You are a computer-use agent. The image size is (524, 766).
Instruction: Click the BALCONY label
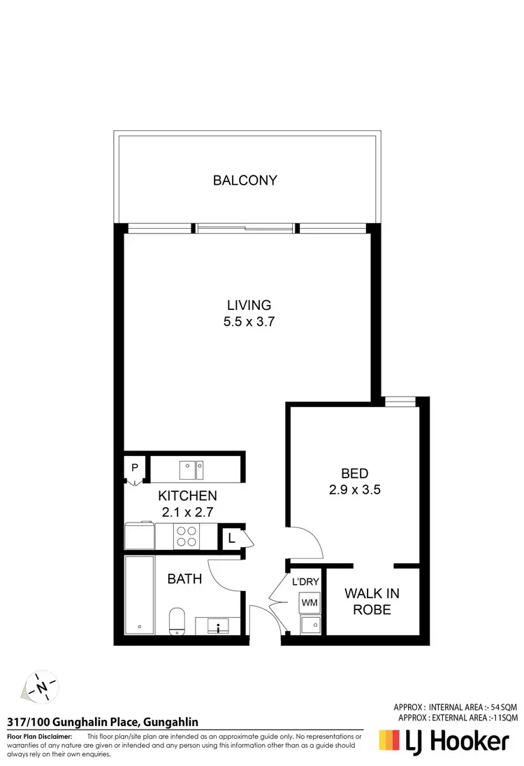[245, 180]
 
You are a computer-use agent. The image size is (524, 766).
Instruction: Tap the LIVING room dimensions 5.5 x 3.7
[249, 322]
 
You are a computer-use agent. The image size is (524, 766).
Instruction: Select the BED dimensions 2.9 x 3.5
[354, 490]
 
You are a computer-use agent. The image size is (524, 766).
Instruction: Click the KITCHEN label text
[187, 495]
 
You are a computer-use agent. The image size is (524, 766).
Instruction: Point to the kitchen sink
[190, 466]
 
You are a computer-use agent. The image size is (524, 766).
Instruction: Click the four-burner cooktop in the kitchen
[186, 537]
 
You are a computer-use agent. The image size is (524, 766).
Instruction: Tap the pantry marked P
[133, 467]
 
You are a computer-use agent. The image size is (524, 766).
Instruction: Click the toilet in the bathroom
[176, 620]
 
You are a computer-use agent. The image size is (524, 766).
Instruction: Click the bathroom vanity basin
[219, 625]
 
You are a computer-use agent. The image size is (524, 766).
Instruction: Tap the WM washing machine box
[309, 601]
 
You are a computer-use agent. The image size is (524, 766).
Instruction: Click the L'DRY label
[306, 581]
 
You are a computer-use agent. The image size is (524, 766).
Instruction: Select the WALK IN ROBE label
[372, 601]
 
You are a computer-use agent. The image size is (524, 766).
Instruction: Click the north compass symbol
[41, 688]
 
